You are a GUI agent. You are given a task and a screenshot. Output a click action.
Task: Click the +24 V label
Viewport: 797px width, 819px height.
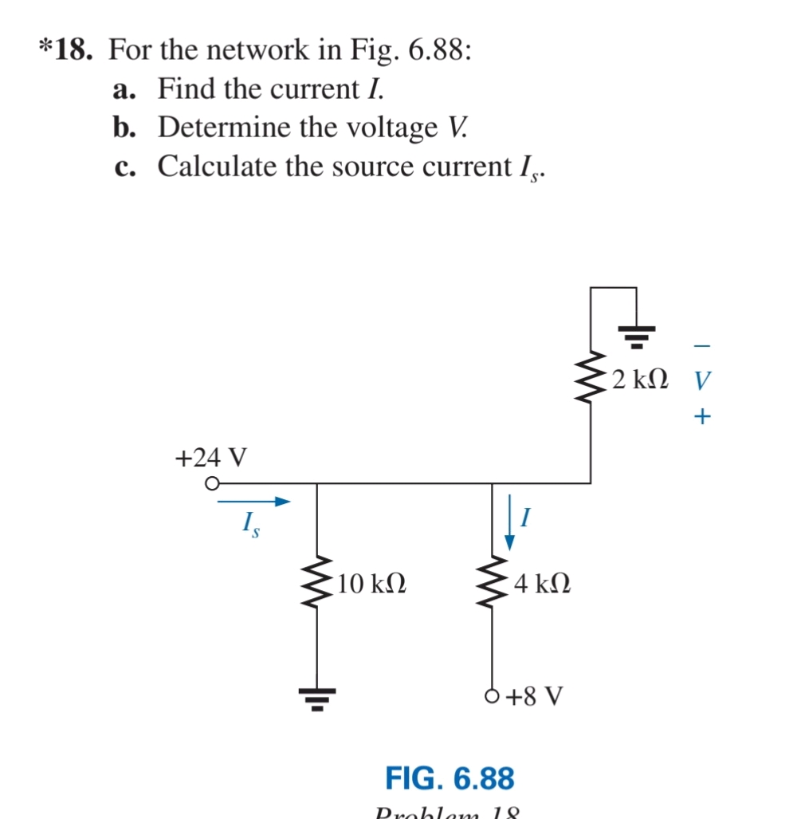coord(210,458)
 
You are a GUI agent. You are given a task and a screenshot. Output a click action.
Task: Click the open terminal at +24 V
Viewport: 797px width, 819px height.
coord(211,483)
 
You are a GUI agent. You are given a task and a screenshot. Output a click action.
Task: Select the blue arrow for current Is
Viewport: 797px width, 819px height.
coord(251,502)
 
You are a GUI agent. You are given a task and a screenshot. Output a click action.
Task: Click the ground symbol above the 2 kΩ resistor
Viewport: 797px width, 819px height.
coord(635,335)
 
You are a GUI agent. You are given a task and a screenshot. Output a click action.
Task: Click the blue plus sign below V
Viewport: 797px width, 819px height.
coord(700,416)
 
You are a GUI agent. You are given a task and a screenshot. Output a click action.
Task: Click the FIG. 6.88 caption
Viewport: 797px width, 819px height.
coord(450,777)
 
